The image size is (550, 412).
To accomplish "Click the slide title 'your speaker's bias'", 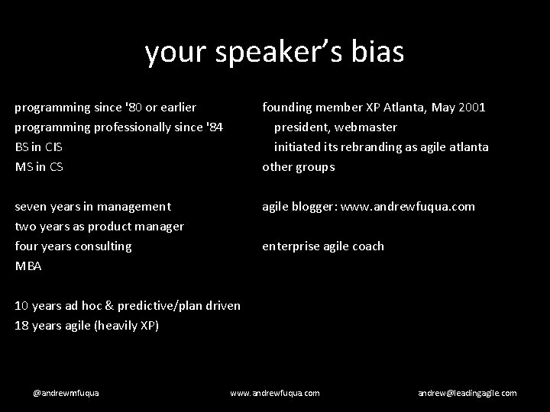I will click(x=274, y=52).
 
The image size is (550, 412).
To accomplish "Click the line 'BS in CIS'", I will click(x=40, y=146).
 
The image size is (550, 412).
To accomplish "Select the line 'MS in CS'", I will click(x=39, y=166).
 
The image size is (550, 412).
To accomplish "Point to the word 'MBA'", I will click(x=28, y=266).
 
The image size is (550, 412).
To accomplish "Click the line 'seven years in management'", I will click(x=93, y=206).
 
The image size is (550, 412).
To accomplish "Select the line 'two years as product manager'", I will click(x=99, y=226).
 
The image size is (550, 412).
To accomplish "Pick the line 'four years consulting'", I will click(x=73, y=246).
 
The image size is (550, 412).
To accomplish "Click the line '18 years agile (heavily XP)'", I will click(x=87, y=326).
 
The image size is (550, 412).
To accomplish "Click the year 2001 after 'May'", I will click(x=471, y=107).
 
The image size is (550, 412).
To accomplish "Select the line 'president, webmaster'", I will click(x=335, y=127).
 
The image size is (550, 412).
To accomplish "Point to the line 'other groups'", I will click(x=299, y=166).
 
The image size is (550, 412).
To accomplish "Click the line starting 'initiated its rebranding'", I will click(x=381, y=146).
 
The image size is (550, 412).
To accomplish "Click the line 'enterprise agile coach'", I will click(x=323, y=246).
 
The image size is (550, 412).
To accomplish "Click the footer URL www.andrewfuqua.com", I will click(x=275, y=392).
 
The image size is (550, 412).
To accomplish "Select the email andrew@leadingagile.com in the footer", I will click(x=467, y=392).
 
